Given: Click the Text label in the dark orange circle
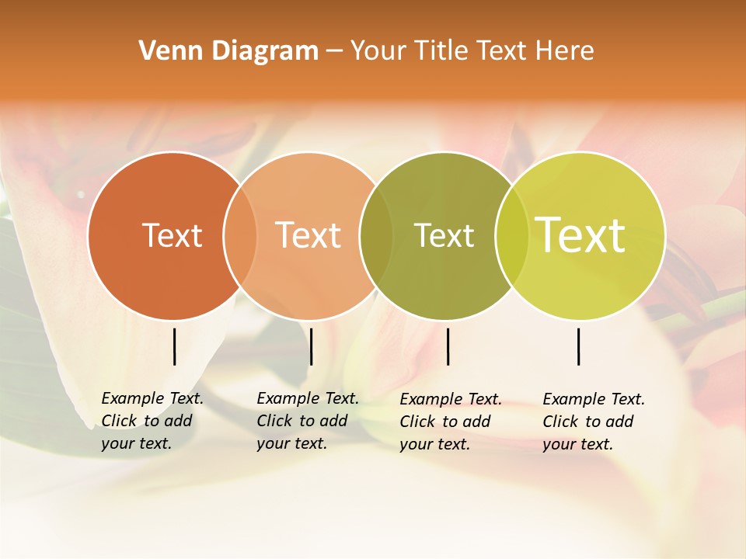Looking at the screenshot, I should click(172, 235).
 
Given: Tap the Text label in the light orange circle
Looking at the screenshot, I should click(309, 235).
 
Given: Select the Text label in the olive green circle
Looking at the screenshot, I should click(444, 235).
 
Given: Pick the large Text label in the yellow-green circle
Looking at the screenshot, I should click(580, 234).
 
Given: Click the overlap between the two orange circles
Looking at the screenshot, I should click(240, 235).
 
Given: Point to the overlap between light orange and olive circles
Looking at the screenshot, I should click(376, 235).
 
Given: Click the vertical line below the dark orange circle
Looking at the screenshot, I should click(175, 346).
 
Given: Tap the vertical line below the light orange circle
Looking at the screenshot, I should click(311, 346).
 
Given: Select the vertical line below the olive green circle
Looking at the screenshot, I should click(448, 346).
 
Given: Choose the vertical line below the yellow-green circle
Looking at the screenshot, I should click(579, 346).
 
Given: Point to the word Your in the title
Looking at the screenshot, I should click(376, 51).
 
